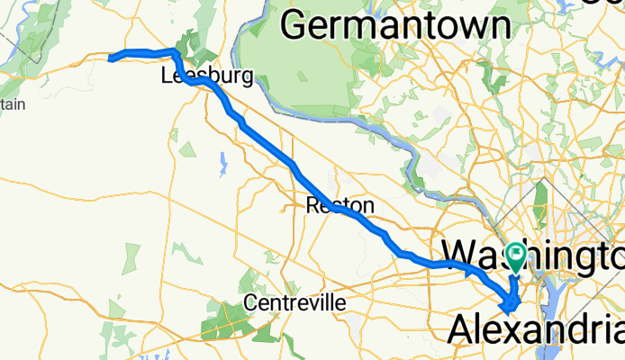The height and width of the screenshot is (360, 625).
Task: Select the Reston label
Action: [340, 206]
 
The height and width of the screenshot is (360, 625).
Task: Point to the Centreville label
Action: [294, 302]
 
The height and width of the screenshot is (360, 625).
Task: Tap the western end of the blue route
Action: [110, 58]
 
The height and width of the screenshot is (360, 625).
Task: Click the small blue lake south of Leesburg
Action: [222, 163]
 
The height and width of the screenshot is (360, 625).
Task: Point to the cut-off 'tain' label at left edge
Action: [12, 105]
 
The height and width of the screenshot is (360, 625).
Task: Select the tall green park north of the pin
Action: [540, 202]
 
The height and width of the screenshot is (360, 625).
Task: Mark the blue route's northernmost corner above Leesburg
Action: [174, 50]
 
